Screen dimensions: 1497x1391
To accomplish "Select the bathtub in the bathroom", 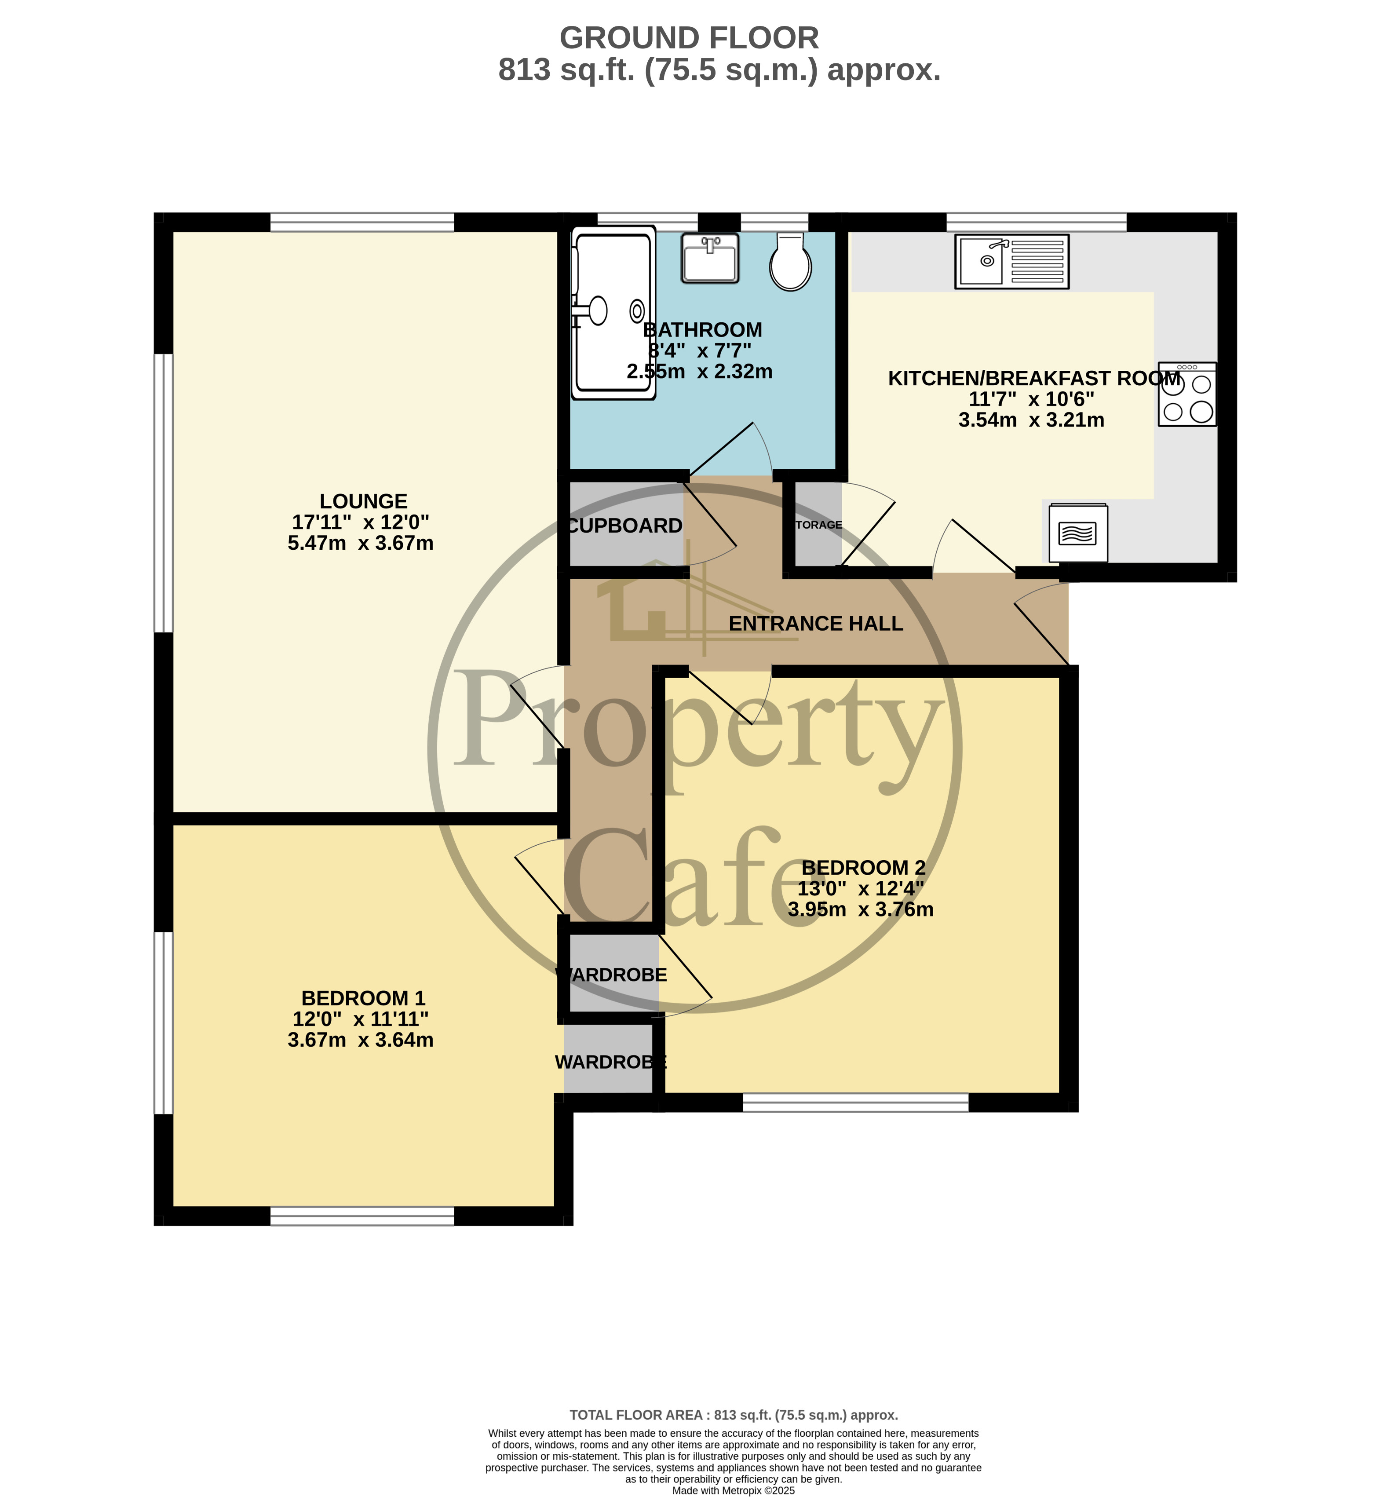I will point(613,312).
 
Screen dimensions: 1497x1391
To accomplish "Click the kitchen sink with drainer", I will point(1011,261).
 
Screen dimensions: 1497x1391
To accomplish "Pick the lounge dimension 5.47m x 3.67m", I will point(361,544).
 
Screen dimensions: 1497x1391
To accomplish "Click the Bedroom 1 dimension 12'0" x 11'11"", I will point(361,1019).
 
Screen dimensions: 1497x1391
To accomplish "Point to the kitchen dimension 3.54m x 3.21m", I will point(1030,420).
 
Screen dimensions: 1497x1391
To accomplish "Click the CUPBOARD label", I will point(625,526).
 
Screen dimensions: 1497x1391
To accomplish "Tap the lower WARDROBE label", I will point(610,1062).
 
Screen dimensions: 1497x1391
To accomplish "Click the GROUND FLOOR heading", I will point(689,38).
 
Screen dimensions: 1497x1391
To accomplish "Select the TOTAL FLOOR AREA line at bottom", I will point(733,1415).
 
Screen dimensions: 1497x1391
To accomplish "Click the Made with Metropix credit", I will point(733,1490).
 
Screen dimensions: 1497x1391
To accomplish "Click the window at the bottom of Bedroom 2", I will point(855,1103).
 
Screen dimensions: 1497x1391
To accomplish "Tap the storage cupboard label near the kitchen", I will point(819,525).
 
